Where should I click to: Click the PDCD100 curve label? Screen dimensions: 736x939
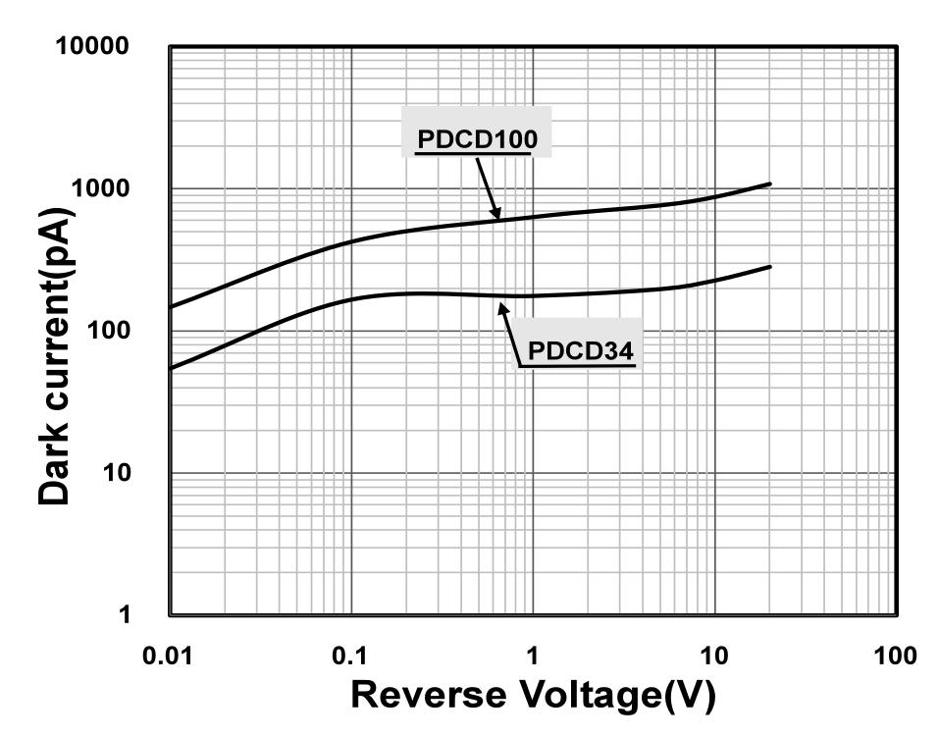point(477,139)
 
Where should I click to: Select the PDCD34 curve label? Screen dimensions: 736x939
point(581,350)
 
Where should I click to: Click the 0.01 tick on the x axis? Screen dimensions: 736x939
point(171,656)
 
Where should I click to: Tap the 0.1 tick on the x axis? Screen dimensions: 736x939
point(352,656)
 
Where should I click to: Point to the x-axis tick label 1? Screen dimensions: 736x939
point(533,656)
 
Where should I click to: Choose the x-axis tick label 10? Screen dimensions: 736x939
point(714,656)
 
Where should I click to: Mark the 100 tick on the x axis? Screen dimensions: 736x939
point(895,656)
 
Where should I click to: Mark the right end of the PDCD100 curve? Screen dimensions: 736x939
point(770,184)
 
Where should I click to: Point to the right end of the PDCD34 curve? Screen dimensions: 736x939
point(770,266)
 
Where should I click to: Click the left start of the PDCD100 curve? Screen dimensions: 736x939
point(172,307)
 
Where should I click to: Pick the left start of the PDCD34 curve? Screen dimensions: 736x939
point(172,369)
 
